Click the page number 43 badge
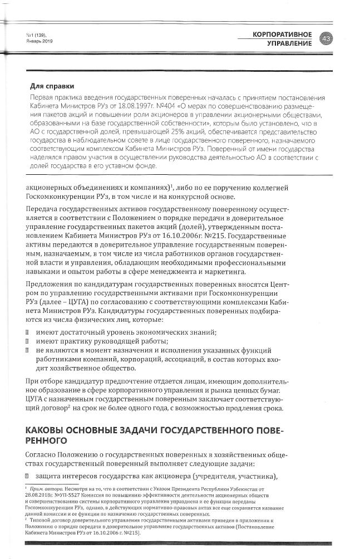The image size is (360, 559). (326, 38)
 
